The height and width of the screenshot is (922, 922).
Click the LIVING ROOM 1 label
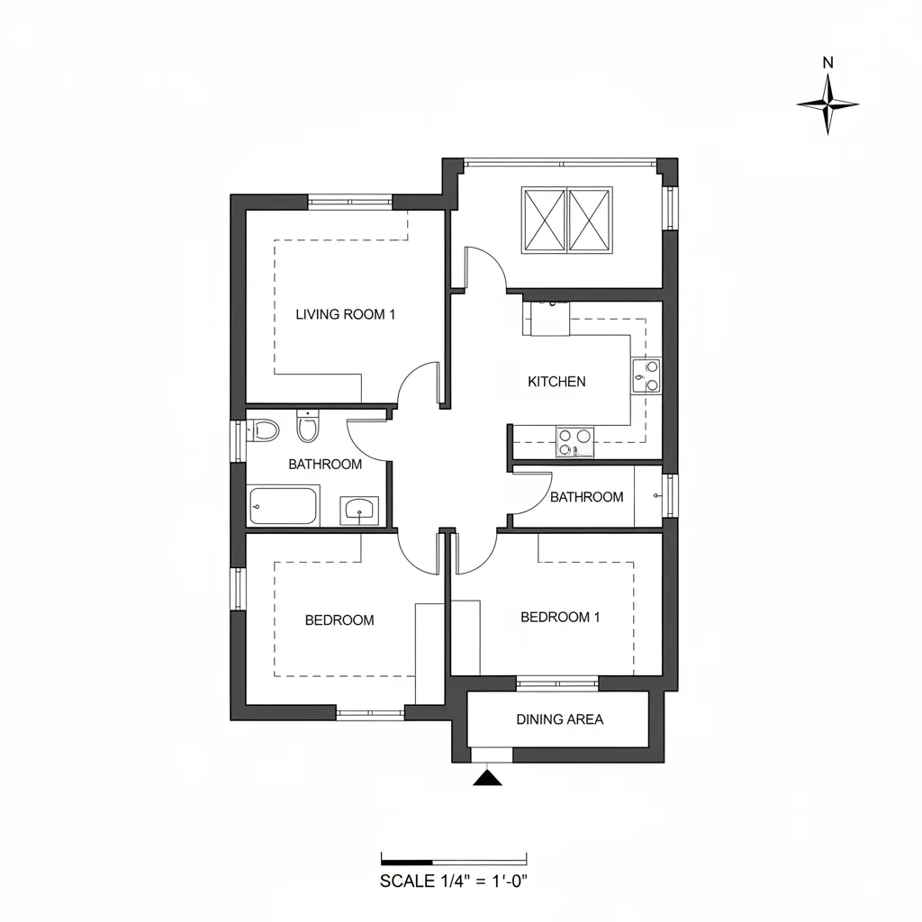(345, 314)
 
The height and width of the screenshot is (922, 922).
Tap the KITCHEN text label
(556, 382)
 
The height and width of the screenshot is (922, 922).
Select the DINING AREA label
(559, 719)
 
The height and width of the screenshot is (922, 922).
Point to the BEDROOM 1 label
(560, 617)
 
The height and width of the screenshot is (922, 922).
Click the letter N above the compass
(828, 62)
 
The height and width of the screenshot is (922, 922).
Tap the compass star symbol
(828, 104)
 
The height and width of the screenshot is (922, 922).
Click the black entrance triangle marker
(487, 778)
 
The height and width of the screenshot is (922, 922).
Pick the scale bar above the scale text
(454, 859)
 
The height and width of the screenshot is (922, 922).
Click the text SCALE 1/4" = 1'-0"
(454, 881)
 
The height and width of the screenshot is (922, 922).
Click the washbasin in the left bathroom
(359, 511)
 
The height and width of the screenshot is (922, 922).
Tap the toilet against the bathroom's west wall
(262, 429)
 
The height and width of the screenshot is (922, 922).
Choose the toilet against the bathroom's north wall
(308, 426)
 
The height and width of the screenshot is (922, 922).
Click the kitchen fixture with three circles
(574, 442)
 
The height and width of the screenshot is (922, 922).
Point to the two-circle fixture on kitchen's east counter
(646, 376)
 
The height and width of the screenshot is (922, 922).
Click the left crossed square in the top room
(545, 221)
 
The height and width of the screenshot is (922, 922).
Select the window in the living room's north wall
(350, 202)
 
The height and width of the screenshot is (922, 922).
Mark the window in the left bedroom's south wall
(370, 713)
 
